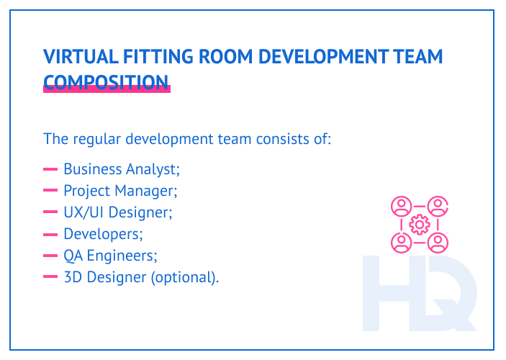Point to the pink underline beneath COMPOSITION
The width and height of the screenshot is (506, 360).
pyautogui.click(x=107, y=89)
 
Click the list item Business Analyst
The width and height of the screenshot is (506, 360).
pyautogui.click(x=121, y=169)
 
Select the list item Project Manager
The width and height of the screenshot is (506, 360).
pyautogui.click(x=119, y=191)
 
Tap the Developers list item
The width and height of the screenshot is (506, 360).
pyautogui.click(x=103, y=234)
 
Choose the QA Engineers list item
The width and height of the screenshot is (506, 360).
pyautogui.click(x=110, y=256)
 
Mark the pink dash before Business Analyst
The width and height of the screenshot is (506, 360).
pyautogui.click(x=50, y=169)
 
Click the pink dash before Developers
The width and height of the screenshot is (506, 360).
pyautogui.click(x=50, y=234)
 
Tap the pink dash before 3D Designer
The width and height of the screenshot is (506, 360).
pyautogui.click(x=50, y=277)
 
